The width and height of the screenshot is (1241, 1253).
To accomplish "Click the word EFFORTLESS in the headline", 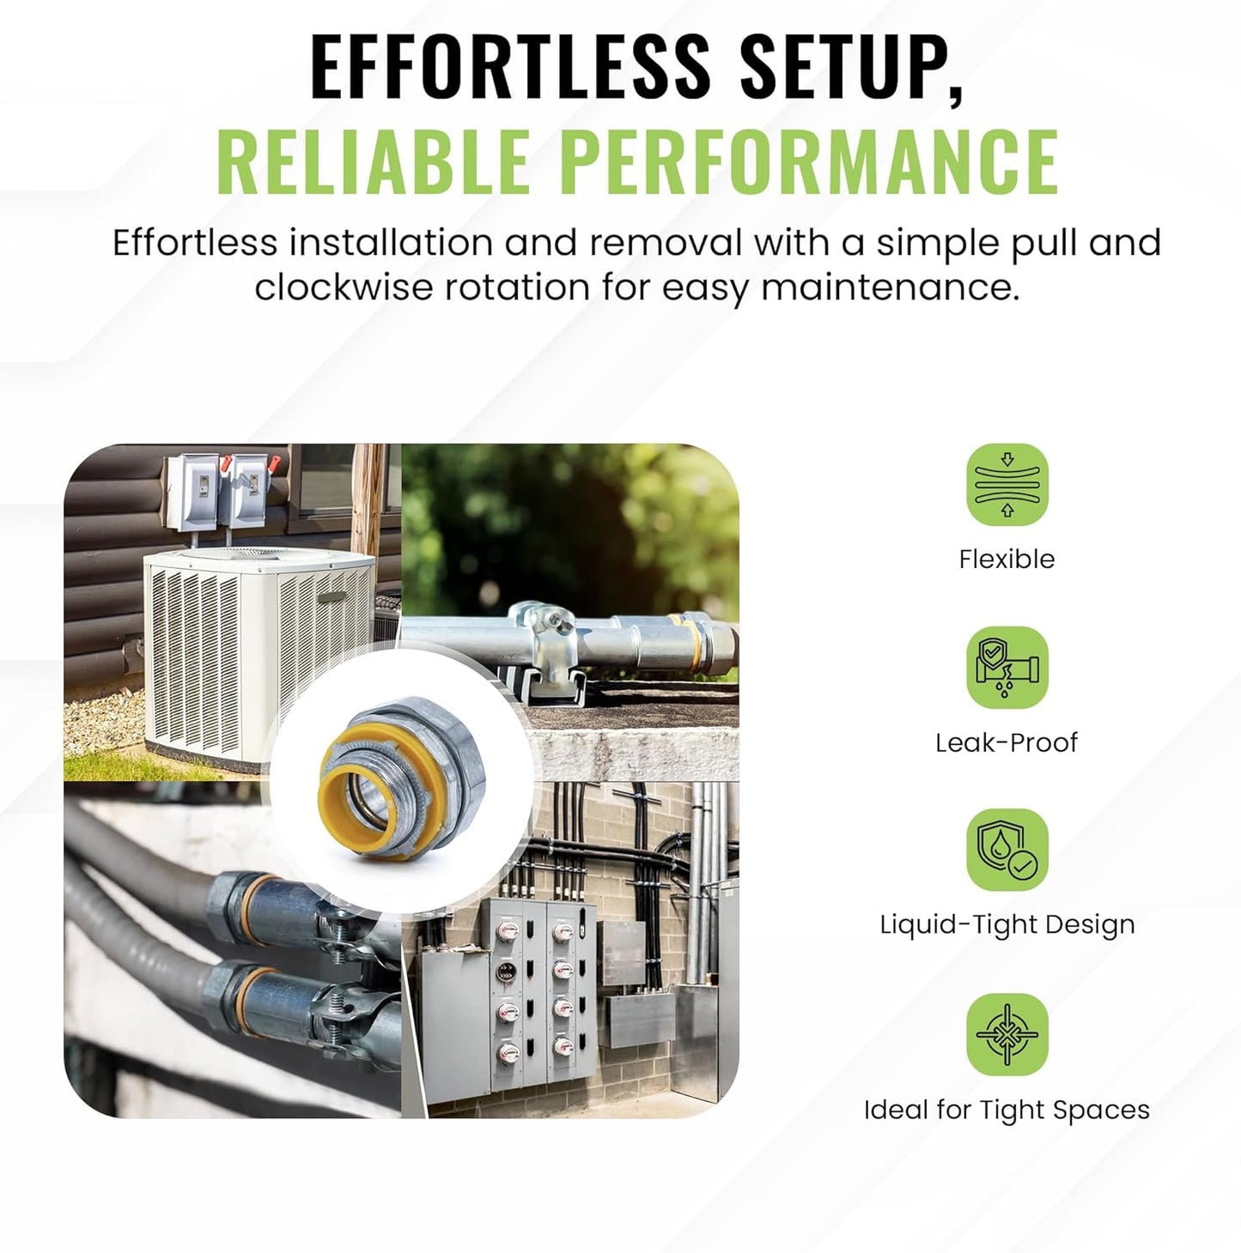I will coord(510,65).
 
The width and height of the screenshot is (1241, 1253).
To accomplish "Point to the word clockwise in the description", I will coord(343,287).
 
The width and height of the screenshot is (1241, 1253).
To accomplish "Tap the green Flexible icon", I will coord(1007,485).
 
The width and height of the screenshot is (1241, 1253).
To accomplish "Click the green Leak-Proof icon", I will coord(1007,668).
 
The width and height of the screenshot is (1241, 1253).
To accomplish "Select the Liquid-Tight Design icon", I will coord(1007,850).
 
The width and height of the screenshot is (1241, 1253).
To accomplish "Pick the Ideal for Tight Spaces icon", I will coord(1007,1034).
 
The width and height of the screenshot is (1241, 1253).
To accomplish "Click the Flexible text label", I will coord(1007,560).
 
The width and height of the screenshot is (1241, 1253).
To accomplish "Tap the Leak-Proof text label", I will coord(1007,742).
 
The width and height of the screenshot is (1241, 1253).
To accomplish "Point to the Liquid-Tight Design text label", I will coord(1007,925).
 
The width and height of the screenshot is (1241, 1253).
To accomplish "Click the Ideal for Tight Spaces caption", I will coord(1007,1110).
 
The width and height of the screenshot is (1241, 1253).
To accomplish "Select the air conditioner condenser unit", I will coord(258,652).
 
